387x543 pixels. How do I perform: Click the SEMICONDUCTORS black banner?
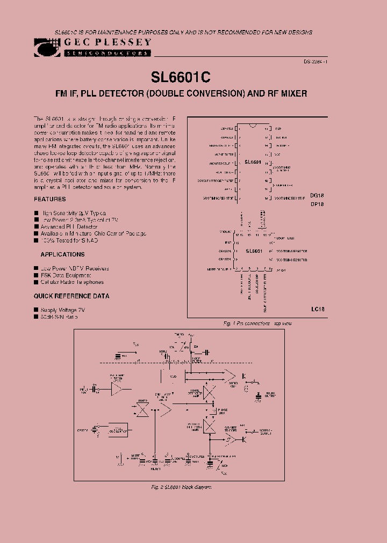point(107,54)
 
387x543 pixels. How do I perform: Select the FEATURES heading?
point(50,199)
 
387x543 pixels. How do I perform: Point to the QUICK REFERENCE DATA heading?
point(71,296)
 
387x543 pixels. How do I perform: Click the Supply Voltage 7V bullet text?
point(63,310)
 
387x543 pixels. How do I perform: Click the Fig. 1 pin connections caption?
point(257,324)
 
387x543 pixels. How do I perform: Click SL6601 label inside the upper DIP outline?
point(253,161)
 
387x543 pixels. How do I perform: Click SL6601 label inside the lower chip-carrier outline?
point(254,251)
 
